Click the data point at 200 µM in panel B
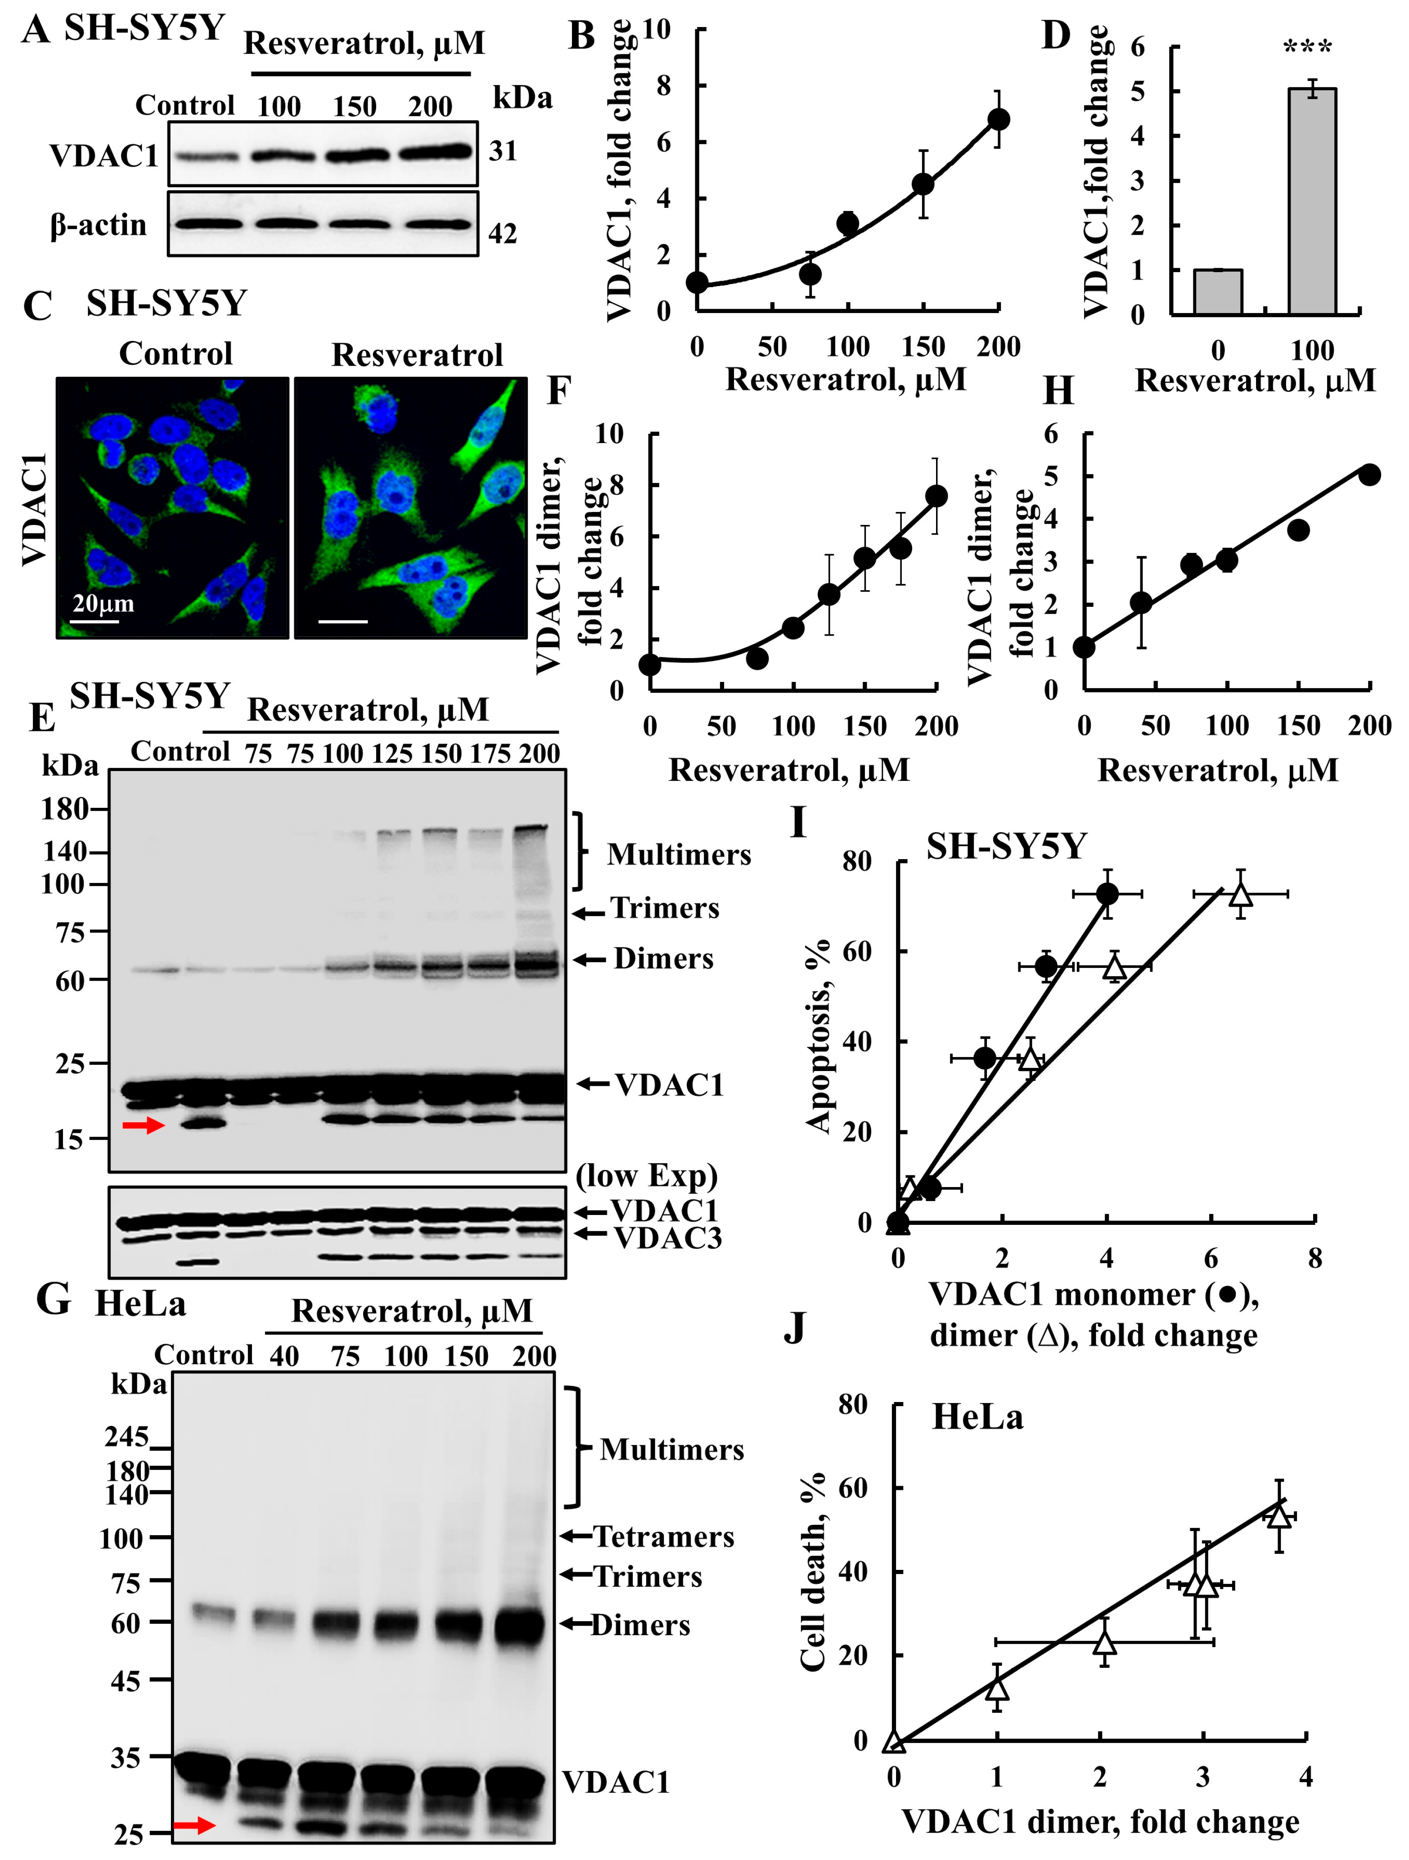pyautogui.click(x=999, y=119)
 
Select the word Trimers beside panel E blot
pyautogui.click(x=665, y=908)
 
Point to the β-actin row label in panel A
pyautogui.click(x=99, y=225)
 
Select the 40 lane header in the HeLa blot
pyautogui.click(x=284, y=1356)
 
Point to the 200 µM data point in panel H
pyautogui.click(x=1369, y=475)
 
